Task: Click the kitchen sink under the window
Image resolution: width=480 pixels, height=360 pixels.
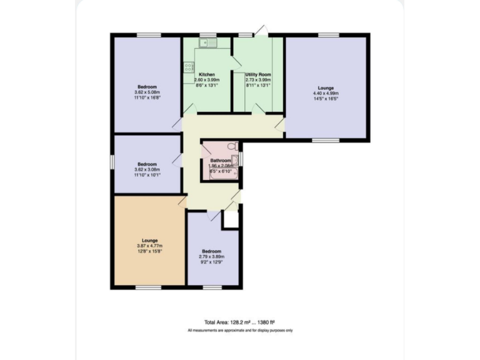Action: pyautogui.click(x=206, y=42)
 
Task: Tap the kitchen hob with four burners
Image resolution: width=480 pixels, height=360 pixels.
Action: pyautogui.click(x=189, y=67)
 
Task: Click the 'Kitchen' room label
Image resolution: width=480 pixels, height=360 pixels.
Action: pyautogui.click(x=207, y=74)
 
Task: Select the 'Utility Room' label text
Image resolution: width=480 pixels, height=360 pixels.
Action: pyautogui.click(x=257, y=74)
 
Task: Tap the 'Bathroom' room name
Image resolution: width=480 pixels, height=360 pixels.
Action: pyautogui.click(x=221, y=161)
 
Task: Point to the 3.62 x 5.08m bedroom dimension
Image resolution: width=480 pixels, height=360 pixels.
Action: pyautogui.click(x=147, y=92)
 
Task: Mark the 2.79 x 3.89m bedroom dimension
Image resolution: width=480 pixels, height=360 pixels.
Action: pyautogui.click(x=211, y=257)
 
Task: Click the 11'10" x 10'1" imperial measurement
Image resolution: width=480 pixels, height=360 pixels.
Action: pyautogui.click(x=147, y=175)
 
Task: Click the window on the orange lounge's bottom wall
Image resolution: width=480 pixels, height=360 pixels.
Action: pyautogui.click(x=145, y=287)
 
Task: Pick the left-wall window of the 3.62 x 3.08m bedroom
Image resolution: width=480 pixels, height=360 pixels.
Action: pyautogui.click(x=112, y=161)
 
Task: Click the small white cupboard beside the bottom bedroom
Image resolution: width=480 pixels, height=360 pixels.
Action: pyautogui.click(x=231, y=219)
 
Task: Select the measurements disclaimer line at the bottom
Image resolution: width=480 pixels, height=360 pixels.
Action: pyautogui.click(x=240, y=330)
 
